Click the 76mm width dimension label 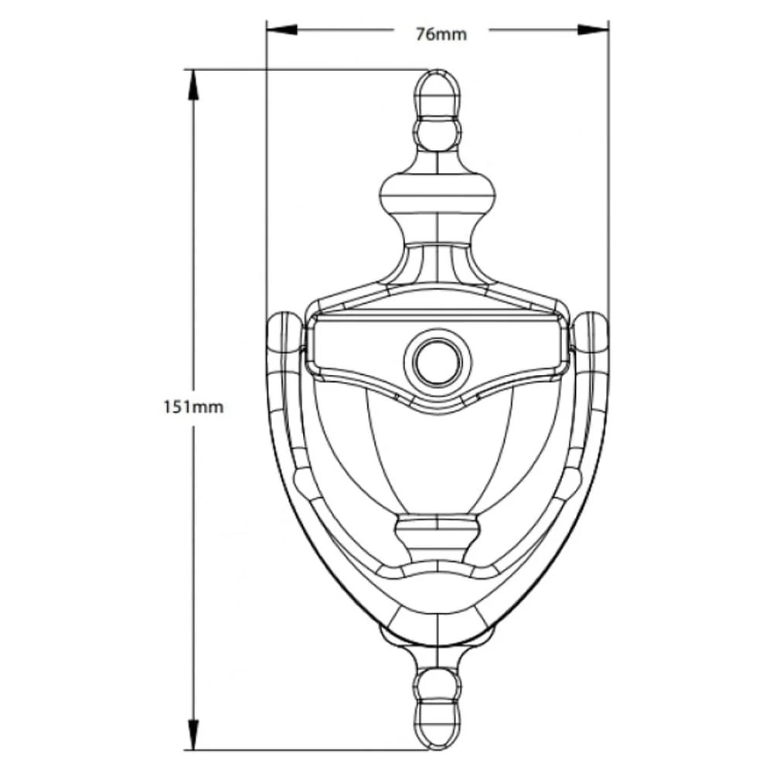click(441, 34)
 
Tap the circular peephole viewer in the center click(437, 361)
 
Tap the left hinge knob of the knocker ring click(284, 332)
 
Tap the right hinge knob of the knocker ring click(593, 332)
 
